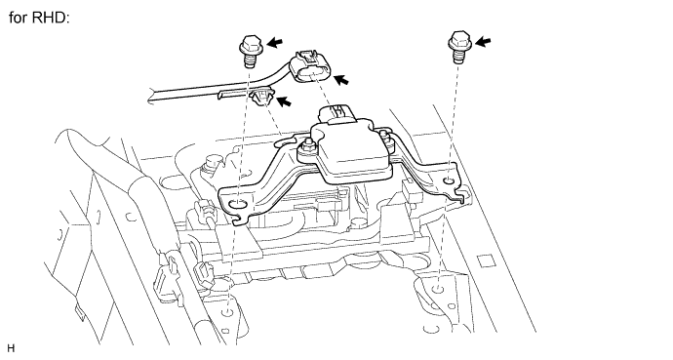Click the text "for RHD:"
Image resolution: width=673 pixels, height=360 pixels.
[x=39, y=18]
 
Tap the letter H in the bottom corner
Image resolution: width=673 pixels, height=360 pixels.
[x=11, y=348]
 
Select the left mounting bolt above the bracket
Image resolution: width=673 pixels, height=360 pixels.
[x=249, y=51]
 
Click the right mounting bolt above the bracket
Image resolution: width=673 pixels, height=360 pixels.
[x=460, y=46]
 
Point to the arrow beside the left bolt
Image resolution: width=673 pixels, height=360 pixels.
[x=275, y=43]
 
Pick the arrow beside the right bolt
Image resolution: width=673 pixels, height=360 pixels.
[x=483, y=42]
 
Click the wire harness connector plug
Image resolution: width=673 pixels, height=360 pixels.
[x=311, y=67]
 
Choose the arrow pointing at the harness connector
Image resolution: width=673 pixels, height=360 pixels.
[x=341, y=79]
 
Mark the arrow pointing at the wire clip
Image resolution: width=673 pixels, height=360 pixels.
[x=283, y=101]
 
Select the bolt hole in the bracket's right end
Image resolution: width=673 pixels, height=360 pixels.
[x=449, y=181]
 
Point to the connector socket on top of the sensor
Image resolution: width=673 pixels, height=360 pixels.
[x=337, y=113]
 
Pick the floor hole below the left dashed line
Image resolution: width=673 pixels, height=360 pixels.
[x=228, y=312]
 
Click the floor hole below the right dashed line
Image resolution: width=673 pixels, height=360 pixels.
[x=437, y=288]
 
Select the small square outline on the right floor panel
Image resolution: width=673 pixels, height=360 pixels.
[x=486, y=260]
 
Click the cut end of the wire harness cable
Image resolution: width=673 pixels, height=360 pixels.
[x=151, y=96]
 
